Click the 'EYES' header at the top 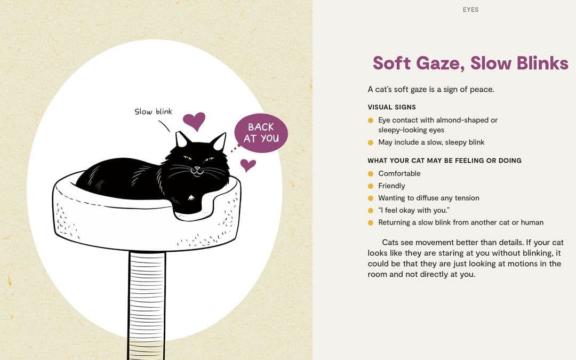pos(470,10)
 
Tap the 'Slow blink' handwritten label pos(153,111)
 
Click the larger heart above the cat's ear pos(194,121)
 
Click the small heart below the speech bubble pos(247,164)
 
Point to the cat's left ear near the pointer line pos(182,140)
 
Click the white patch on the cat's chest pos(190,199)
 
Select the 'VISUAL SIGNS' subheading pos(391,107)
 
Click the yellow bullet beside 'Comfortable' pos(371,173)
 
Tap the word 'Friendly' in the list pos(391,186)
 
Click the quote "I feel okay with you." pos(414,210)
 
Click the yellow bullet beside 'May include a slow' pos(371,142)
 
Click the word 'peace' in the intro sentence pos(482,89)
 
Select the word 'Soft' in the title pos(392,63)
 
